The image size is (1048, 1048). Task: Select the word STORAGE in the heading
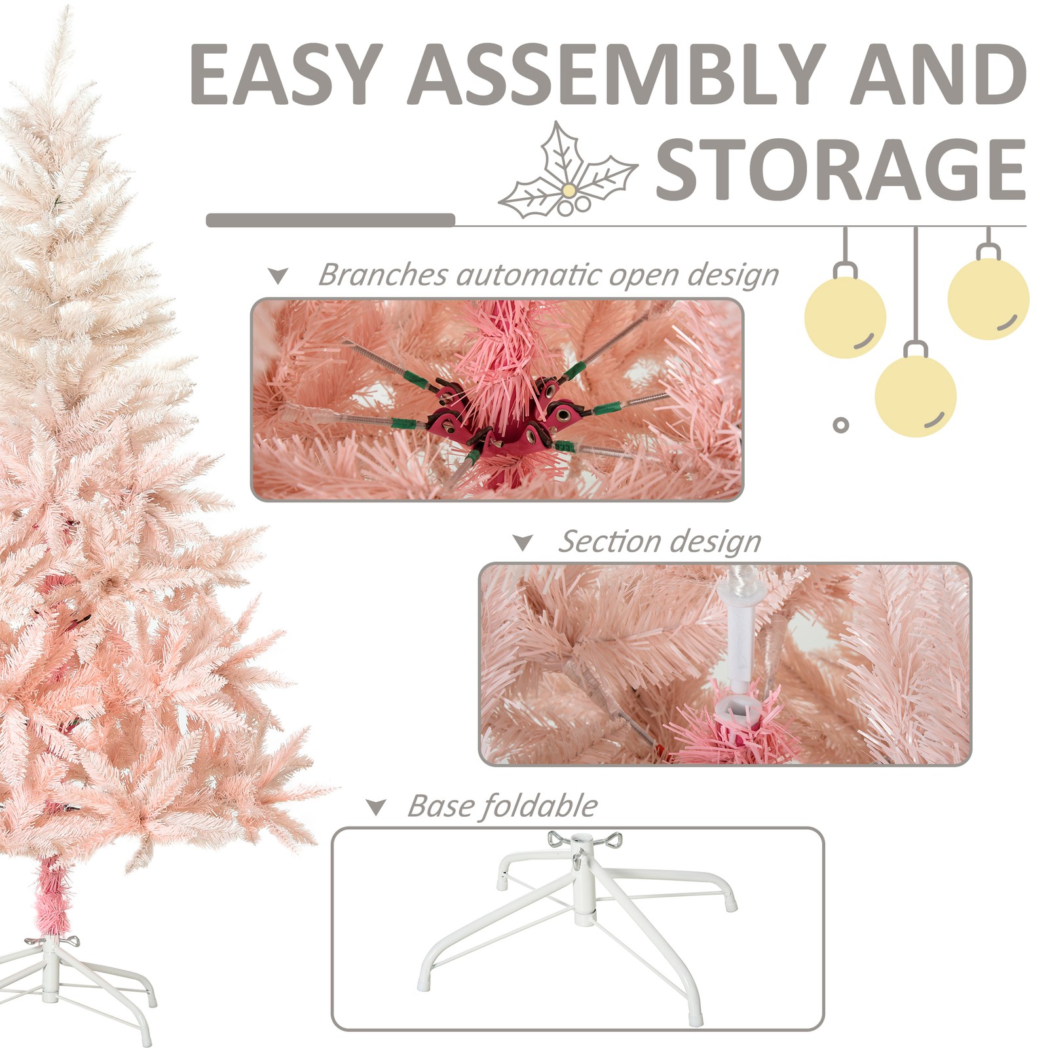click(841, 169)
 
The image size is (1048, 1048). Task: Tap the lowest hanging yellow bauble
click(916, 397)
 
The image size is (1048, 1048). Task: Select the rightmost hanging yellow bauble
click(988, 299)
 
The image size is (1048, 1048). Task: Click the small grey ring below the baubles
click(841, 425)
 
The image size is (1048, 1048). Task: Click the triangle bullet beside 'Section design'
click(523, 542)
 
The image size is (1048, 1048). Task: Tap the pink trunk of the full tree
click(51, 894)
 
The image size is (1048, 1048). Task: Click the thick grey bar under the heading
click(331, 220)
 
